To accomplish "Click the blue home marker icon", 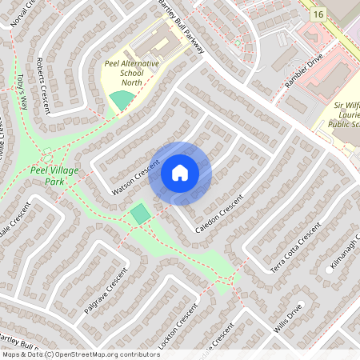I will (x=180, y=173).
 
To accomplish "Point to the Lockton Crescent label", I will (x=178, y=327).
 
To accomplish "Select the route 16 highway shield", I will (x=318, y=14).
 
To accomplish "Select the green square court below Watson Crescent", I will (x=140, y=214).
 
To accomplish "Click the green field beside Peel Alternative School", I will (x=122, y=101).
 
